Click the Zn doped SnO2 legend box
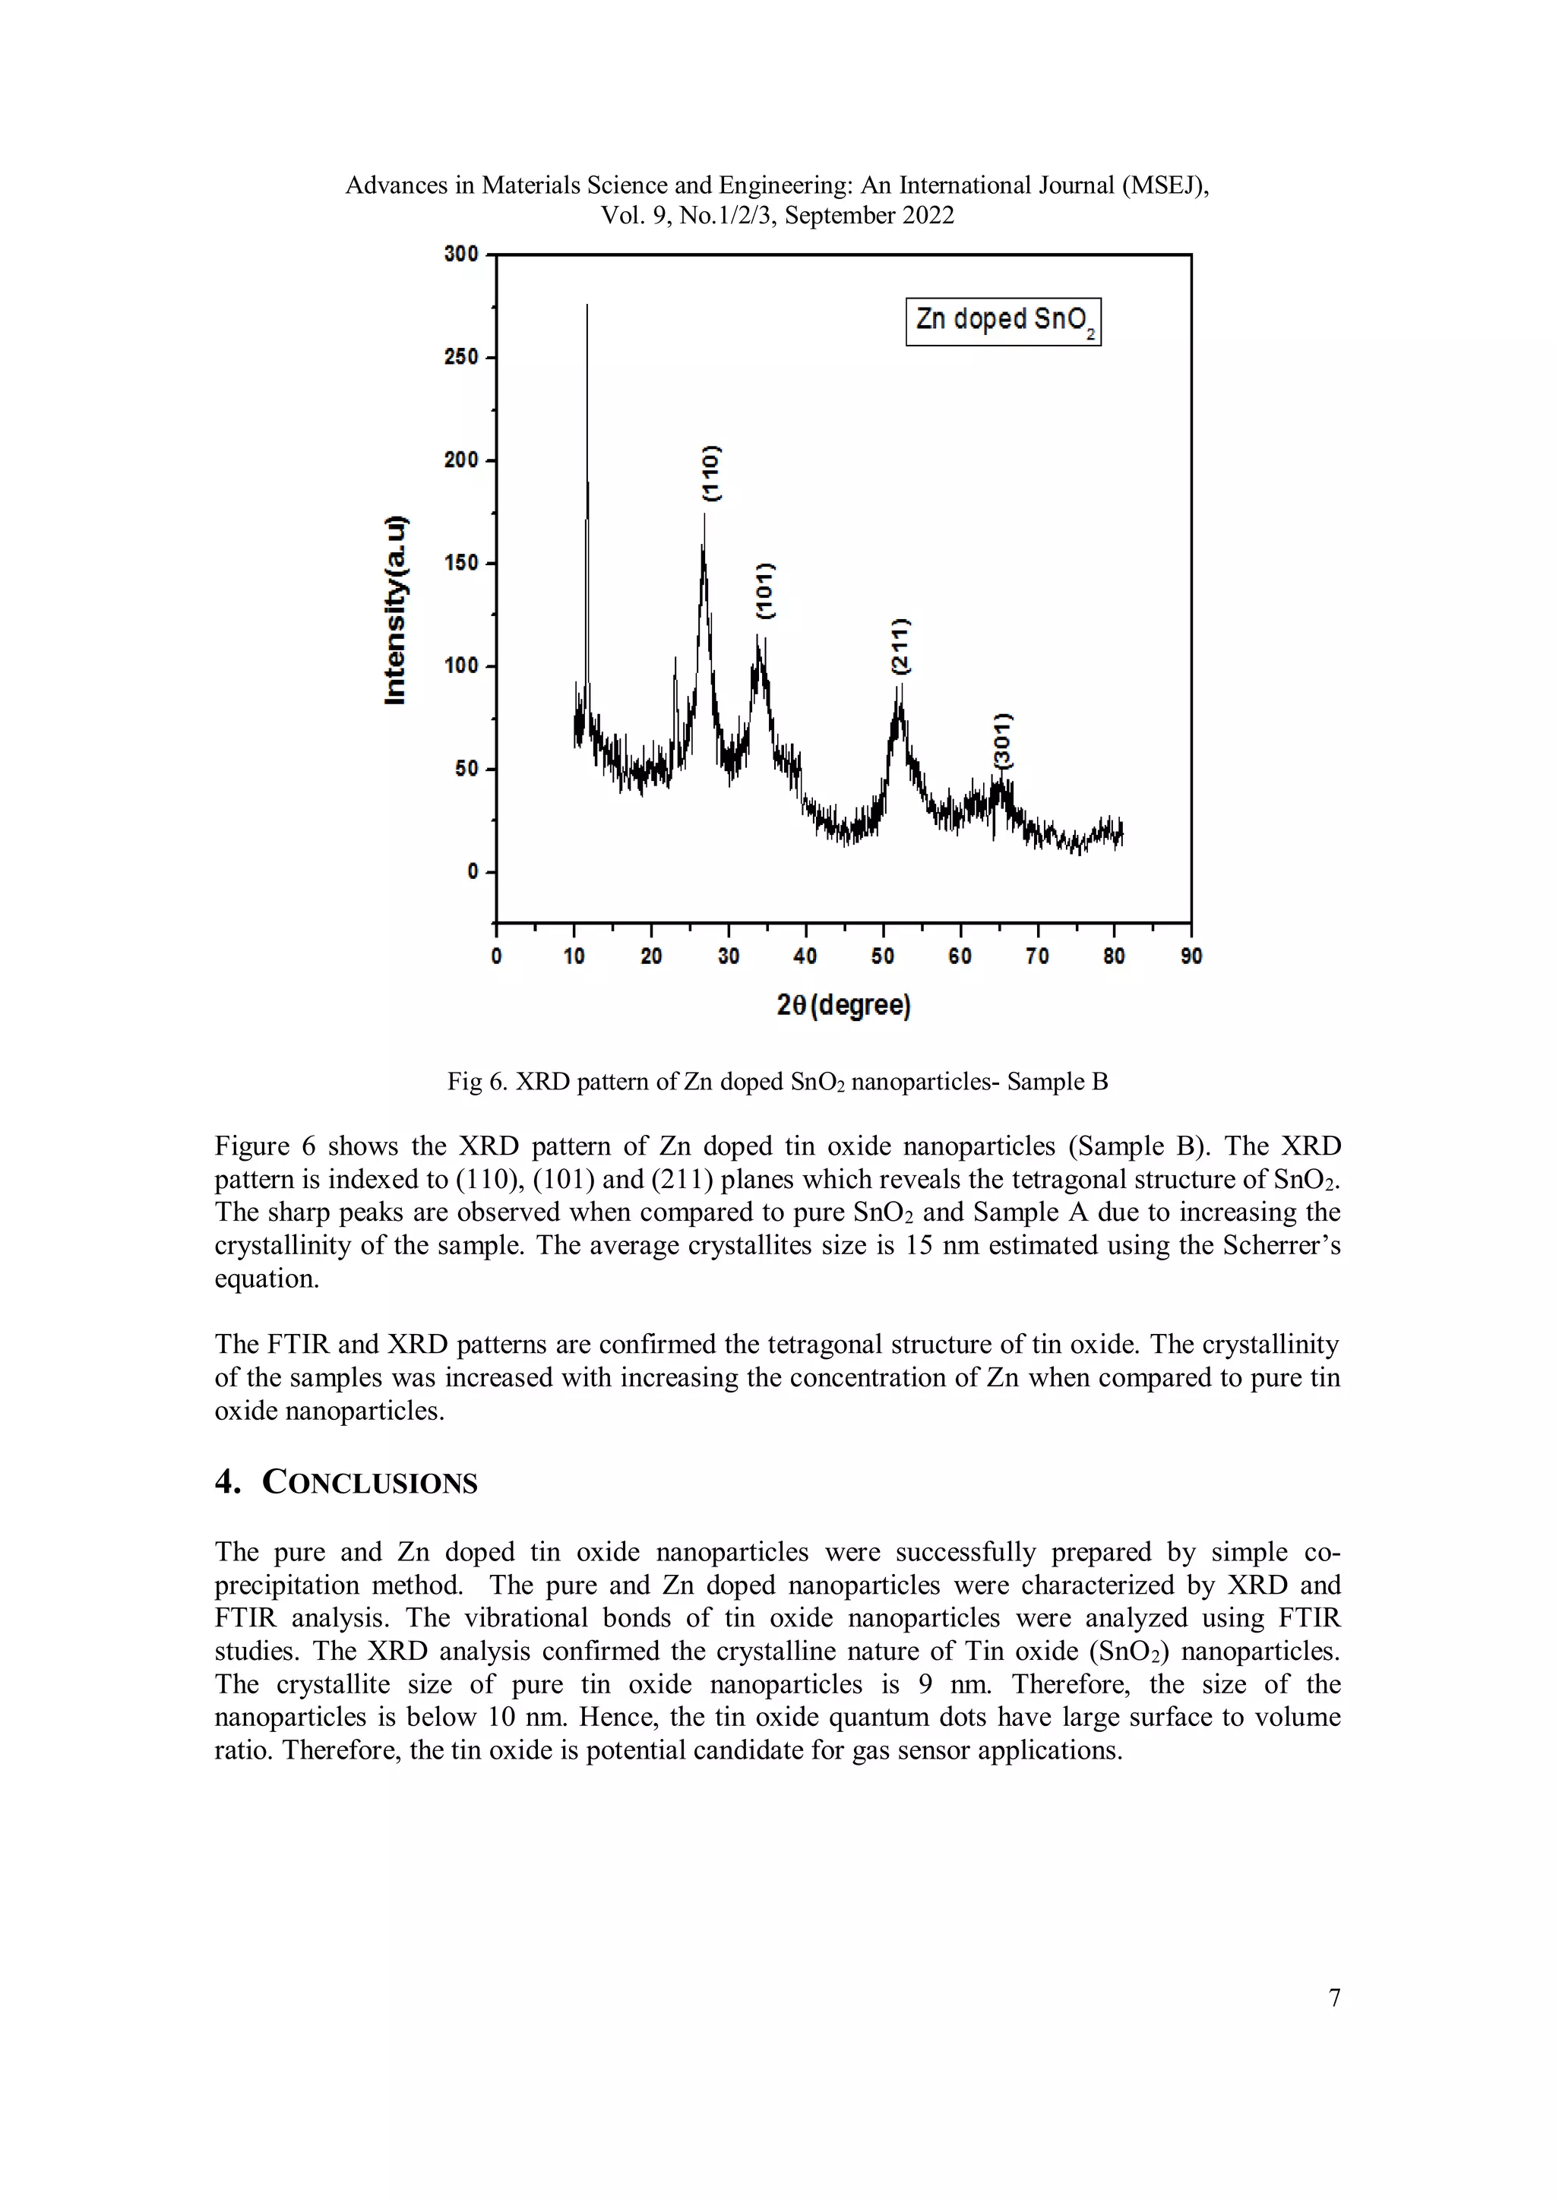pyautogui.click(x=1003, y=321)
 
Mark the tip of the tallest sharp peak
pyautogui.click(x=587, y=307)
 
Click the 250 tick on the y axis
pyautogui.click(x=462, y=357)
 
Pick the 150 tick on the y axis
pyautogui.click(x=462, y=564)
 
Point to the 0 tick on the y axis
pyautogui.click(x=473, y=872)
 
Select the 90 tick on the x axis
pyautogui.click(x=1191, y=956)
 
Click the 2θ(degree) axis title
pyautogui.click(x=843, y=1005)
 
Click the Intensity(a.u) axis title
pyautogui.click(x=395, y=610)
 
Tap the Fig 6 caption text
pyautogui.click(x=777, y=1082)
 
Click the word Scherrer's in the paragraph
pyautogui.click(x=1286, y=1246)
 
